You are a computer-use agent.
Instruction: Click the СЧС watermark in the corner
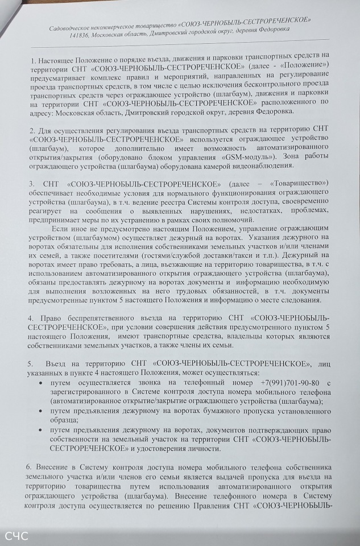point(17,536)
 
